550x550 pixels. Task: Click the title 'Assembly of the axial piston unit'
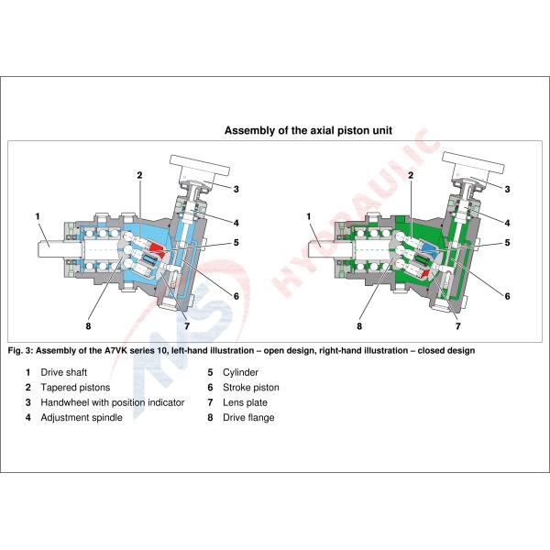coord(308,130)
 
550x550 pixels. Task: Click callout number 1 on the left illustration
coord(38,216)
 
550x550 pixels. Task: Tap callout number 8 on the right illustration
coord(359,326)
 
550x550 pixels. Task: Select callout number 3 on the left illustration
coord(236,189)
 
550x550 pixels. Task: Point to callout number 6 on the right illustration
coord(507,296)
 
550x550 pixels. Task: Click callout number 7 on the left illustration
coord(187,326)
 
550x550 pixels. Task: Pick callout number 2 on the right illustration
coord(411,175)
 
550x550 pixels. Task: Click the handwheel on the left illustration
coord(200,165)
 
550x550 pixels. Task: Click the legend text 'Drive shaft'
coord(64,372)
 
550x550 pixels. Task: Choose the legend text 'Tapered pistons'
coord(75,387)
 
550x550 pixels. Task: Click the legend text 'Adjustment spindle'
coord(82,417)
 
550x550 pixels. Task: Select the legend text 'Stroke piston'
coord(251,387)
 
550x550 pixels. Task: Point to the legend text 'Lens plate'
coord(245,402)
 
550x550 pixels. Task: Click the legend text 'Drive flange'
coord(248,417)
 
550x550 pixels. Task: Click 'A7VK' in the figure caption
coord(115,350)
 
